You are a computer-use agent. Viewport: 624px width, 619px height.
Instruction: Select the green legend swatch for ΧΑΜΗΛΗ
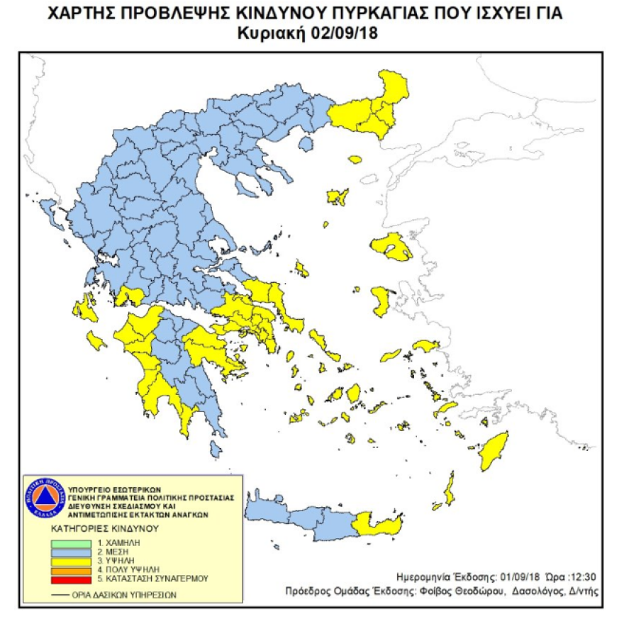(x=70, y=544)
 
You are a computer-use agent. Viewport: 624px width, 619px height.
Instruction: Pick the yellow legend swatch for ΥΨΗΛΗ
(x=70, y=561)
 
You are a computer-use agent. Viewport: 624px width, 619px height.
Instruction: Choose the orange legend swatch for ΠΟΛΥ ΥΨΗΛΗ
(x=70, y=569)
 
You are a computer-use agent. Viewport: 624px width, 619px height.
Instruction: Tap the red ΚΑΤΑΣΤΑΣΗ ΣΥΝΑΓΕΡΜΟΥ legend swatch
(x=70, y=578)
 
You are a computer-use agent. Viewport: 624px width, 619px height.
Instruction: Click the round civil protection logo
(x=44, y=498)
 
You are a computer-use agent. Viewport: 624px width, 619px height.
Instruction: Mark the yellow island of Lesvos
(x=391, y=246)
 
